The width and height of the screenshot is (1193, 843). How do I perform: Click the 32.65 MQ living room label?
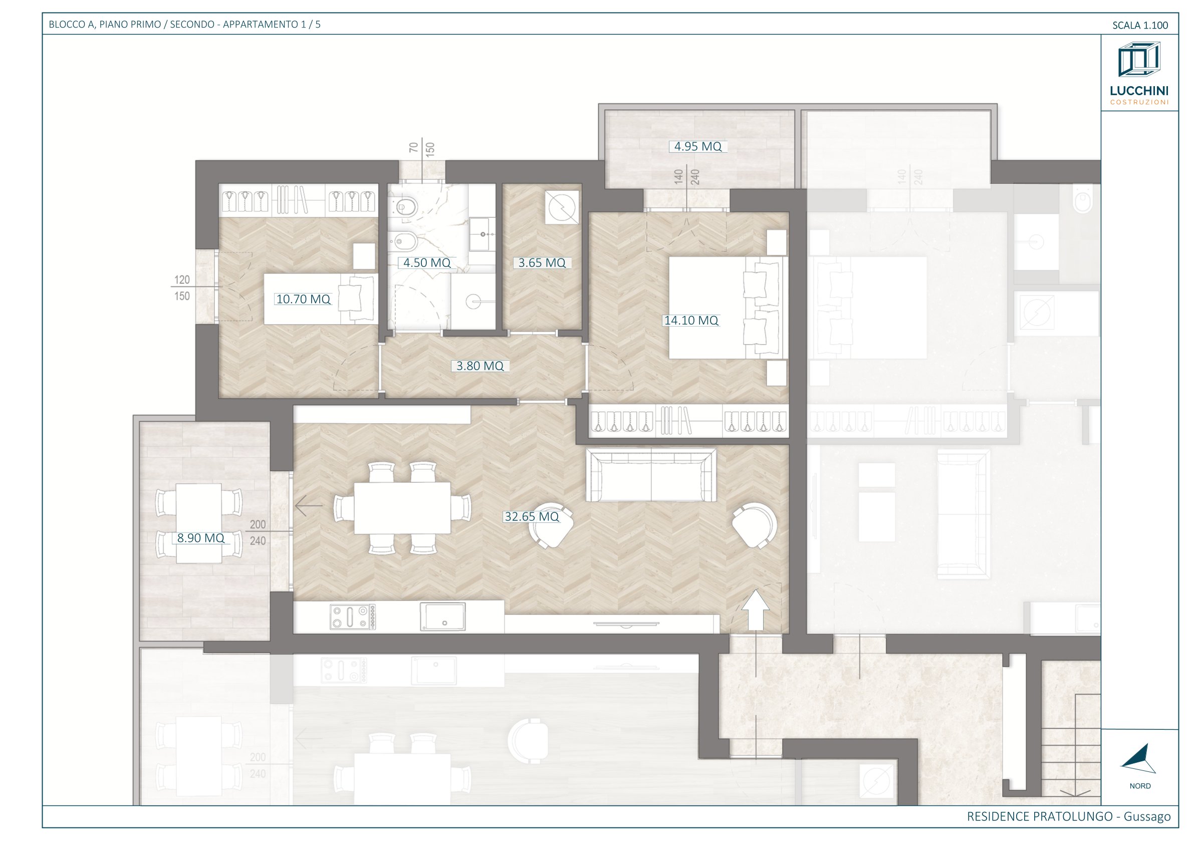[x=532, y=517]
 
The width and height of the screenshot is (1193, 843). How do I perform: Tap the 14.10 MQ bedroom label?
[x=691, y=321]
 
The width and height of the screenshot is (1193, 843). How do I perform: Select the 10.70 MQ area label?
[x=304, y=299]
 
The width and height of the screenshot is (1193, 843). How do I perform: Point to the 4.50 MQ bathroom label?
[x=427, y=263]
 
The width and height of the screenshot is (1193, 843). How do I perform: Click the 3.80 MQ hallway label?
[x=480, y=366]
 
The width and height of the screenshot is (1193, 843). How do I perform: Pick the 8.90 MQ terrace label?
[x=200, y=538]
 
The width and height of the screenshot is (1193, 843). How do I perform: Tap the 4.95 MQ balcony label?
[x=698, y=146]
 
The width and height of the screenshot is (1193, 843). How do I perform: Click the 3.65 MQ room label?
[x=542, y=263]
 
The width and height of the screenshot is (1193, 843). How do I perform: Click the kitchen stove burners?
[x=352, y=617]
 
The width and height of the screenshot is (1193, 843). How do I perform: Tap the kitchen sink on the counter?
[x=443, y=616]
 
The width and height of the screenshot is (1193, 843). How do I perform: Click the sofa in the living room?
[x=651, y=475]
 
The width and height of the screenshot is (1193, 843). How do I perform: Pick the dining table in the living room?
[x=402, y=508]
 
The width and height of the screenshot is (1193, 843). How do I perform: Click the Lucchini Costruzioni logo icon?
[x=1139, y=61]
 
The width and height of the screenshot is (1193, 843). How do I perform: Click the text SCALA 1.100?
[x=1140, y=25]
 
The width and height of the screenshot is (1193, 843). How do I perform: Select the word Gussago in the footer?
[x=1147, y=816]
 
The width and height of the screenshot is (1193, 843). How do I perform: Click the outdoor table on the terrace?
[x=199, y=523]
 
